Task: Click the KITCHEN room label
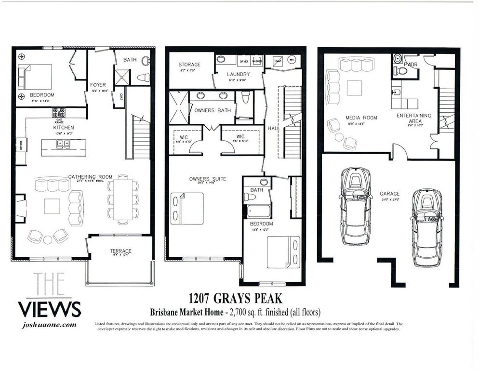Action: (x=63, y=128)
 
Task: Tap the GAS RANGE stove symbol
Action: (x=59, y=113)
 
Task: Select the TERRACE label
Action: (x=120, y=251)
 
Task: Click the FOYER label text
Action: (x=98, y=85)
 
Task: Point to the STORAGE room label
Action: (x=189, y=65)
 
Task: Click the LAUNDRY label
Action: (x=238, y=74)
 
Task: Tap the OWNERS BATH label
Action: (x=213, y=110)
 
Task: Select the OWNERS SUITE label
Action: (x=207, y=179)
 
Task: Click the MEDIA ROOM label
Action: (x=361, y=118)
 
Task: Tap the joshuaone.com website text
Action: (x=50, y=325)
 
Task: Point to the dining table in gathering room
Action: (x=122, y=199)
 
